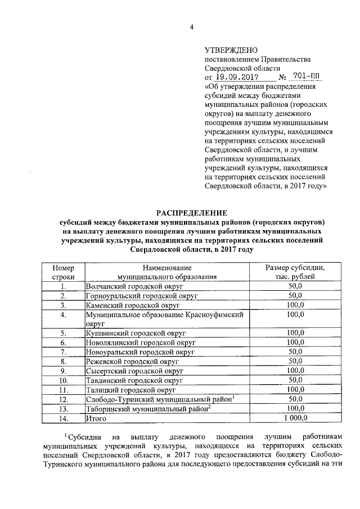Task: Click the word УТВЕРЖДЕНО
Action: point(229,51)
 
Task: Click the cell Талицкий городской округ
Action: point(128,390)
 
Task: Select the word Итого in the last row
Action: point(96,418)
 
